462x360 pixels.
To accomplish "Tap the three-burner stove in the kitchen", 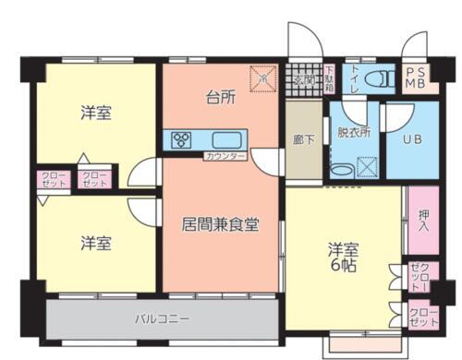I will [180, 141].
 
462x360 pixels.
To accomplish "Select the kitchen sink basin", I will [228, 141].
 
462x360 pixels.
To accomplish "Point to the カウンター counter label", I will [225, 156].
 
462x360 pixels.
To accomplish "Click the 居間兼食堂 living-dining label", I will [220, 224].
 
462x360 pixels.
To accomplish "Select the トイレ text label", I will [353, 79].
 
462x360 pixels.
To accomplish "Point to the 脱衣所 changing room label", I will [353, 132].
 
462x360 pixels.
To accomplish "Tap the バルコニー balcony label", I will [163, 318].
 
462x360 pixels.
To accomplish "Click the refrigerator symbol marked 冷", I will [264, 78].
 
